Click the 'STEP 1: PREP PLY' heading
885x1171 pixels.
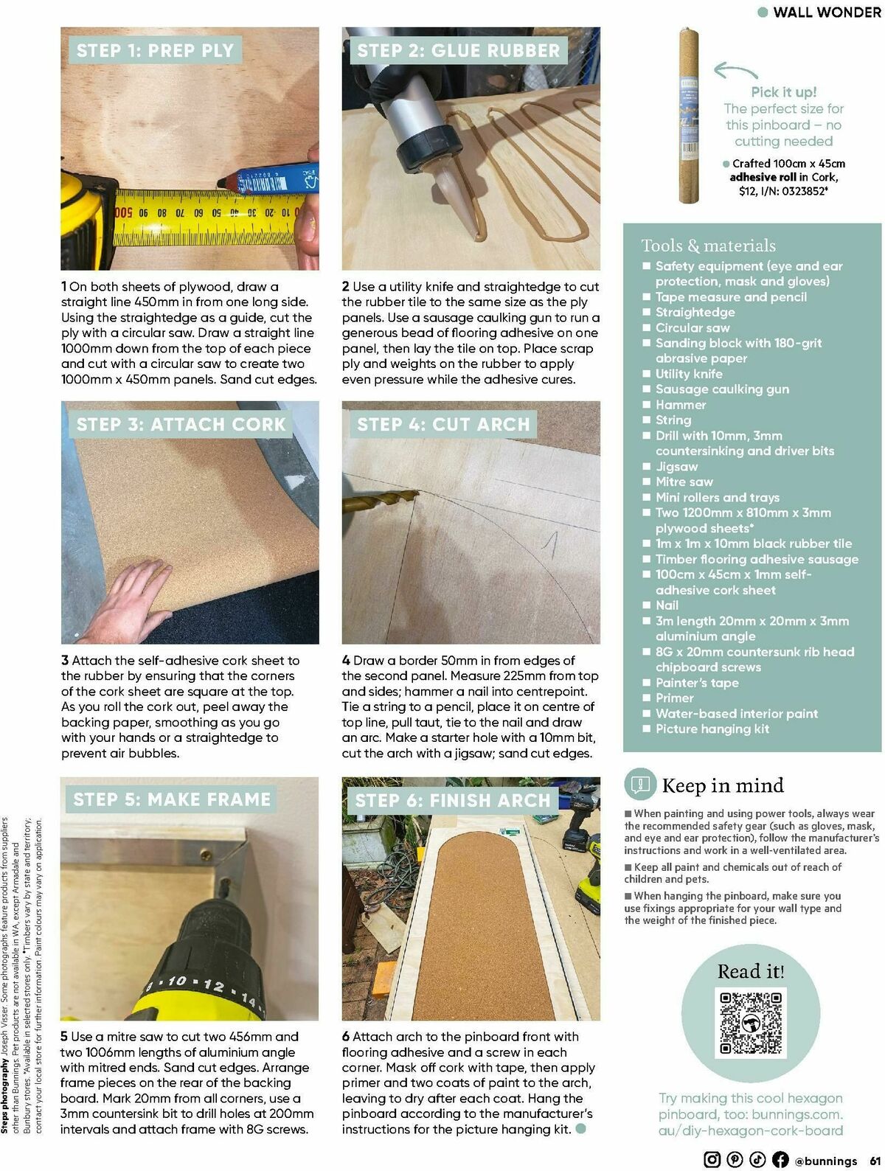[x=155, y=50]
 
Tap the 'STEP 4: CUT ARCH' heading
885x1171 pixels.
[x=443, y=424]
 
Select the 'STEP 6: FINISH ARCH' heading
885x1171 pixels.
[x=453, y=800]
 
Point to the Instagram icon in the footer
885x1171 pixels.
[x=712, y=1159]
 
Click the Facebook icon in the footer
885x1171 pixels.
[x=780, y=1159]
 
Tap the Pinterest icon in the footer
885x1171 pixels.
[x=735, y=1159]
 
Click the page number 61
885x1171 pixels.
[x=873, y=1160]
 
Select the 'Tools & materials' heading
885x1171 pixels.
[x=708, y=246]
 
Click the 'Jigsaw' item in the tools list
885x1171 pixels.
[x=676, y=466]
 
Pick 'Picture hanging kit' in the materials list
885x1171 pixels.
[x=712, y=729]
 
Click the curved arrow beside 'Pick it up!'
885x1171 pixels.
[x=736, y=71]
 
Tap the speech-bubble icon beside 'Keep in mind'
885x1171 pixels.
[x=639, y=785]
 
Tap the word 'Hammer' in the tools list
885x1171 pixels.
[x=681, y=404]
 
